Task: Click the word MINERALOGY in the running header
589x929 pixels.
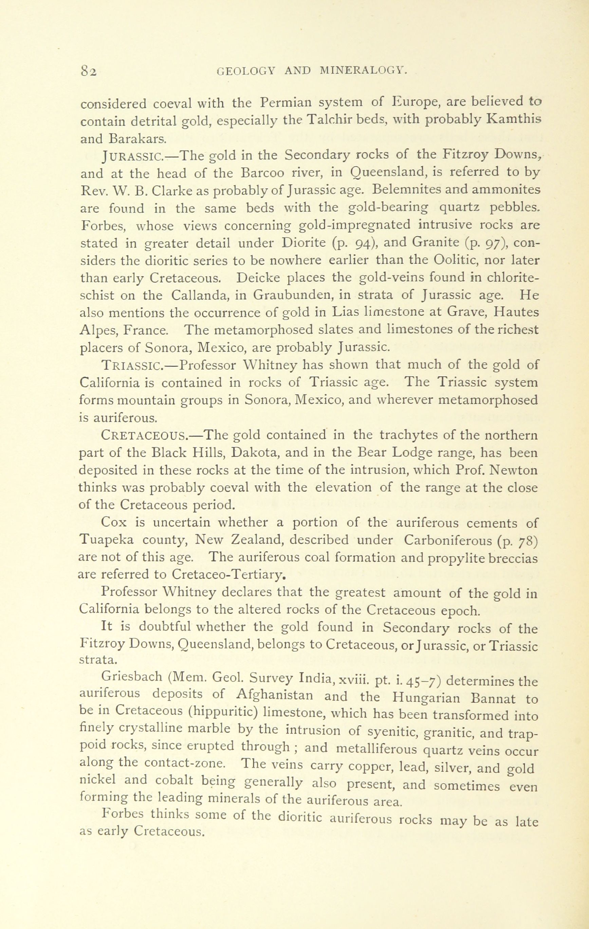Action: pos(364,71)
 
